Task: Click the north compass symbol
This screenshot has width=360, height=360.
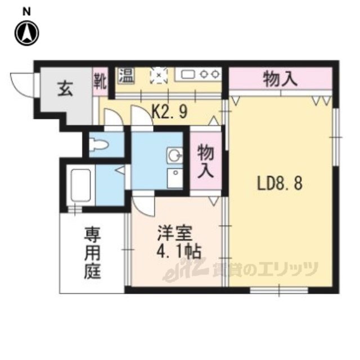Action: [x=27, y=33]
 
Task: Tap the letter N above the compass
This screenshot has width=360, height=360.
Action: [x=26, y=12]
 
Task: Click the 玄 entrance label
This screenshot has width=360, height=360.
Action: [x=65, y=89]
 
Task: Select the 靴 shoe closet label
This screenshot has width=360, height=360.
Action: [x=100, y=81]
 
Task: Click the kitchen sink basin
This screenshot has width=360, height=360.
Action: [x=188, y=74]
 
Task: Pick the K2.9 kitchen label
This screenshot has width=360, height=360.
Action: [x=170, y=112]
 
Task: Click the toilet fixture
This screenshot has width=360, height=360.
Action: [x=98, y=145]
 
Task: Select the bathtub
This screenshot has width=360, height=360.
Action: [x=80, y=185]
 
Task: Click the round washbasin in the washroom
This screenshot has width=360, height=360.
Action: [x=174, y=156]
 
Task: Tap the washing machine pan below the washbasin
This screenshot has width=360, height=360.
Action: [x=175, y=178]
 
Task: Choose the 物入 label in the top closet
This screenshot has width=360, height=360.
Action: [x=280, y=79]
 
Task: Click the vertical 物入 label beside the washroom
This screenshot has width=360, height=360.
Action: [x=206, y=161]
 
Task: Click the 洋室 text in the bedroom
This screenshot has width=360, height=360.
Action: [x=175, y=233]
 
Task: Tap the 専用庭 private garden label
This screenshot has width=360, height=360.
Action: [x=92, y=253]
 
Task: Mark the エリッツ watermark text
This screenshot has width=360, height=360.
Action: [x=287, y=269]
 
